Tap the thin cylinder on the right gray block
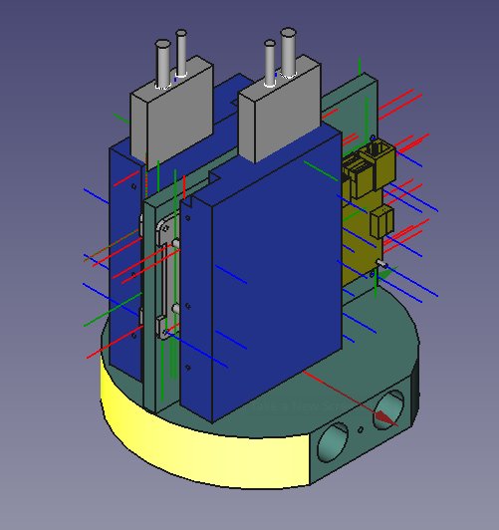click(269, 62)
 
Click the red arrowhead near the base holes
click(311, 375)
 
